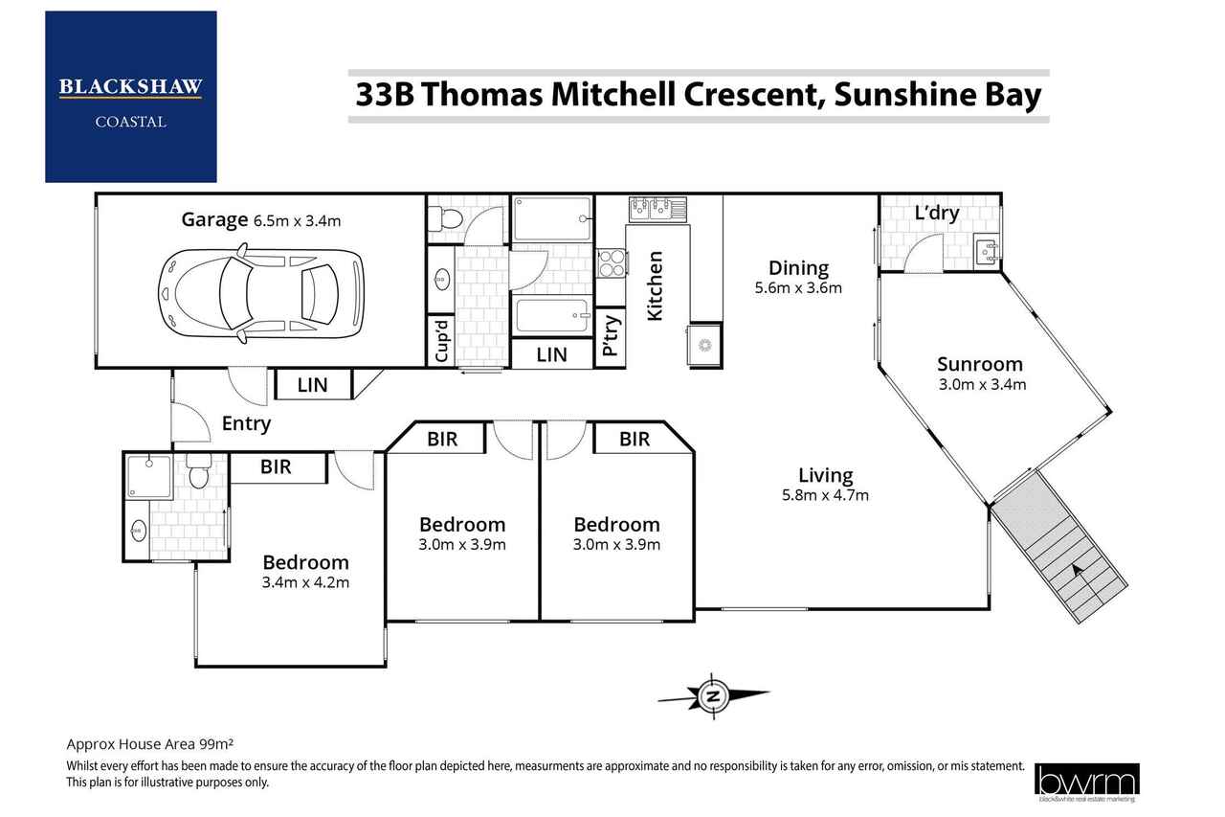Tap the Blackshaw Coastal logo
[x=131, y=97]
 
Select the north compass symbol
[x=713, y=696]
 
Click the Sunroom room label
[x=979, y=364]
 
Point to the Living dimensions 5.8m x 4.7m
[x=825, y=495]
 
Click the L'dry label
[x=937, y=213]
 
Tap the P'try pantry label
[x=611, y=335]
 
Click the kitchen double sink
[x=657, y=210]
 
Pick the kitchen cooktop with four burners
[x=612, y=263]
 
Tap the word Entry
[x=246, y=424]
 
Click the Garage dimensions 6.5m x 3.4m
[x=297, y=221]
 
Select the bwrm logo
[x=1086, y=781]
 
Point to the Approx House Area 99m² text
[x=150, y=744]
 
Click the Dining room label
[x=798, y=268]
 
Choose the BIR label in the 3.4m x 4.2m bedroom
[x=276, y=466]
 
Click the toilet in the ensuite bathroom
[x=198, y=470]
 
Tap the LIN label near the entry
[x=312, y=385]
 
